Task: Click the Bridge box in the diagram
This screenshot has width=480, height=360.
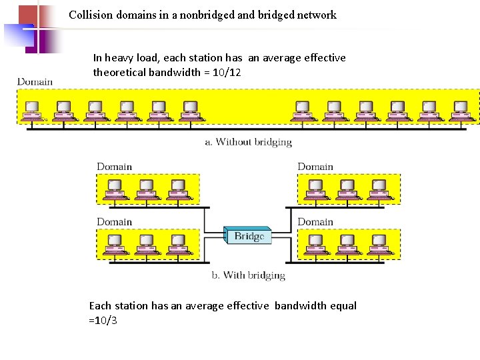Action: (x=249, y=235)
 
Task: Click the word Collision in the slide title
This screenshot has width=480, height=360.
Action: (x=91, y=15)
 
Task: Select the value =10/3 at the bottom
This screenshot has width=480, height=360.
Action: (x=103, y=320)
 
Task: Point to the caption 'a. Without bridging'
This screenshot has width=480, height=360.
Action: (x=248, y=141)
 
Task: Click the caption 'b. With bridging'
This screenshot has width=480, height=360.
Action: (x=249, y=275)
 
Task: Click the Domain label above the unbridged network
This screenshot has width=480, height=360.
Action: (x=35, y=82)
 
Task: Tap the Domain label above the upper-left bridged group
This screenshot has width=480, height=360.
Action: (x=115, y=167)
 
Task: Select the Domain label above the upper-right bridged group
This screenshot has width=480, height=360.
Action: (x=315, y=167)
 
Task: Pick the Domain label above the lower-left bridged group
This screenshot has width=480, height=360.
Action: (x=115, y=221)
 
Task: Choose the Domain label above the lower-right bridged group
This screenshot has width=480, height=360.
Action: (x=315, y=221)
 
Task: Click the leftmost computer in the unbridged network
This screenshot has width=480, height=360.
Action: (x=31, y=111)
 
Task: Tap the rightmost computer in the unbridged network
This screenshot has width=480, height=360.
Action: (x=461, y=111)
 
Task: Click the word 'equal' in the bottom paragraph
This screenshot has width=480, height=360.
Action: (x=343, y=305)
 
